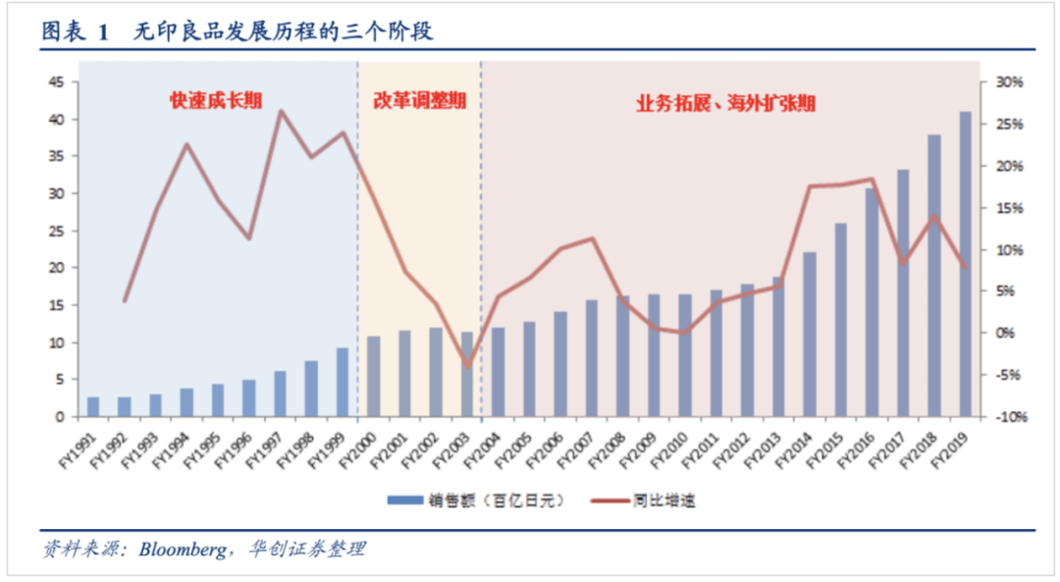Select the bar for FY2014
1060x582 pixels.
[x=810, y=335]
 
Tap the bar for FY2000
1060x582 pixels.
[x=374, y=377]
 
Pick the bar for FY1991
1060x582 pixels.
[x=93, y=406]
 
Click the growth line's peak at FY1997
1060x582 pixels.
[x=281, y=111]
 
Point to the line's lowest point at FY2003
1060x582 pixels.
[x=468, y=366]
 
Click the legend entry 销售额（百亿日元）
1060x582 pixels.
[x=478, y=501]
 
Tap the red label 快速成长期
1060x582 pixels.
[x=216, y=100]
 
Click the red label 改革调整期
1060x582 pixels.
[x=420, y=100]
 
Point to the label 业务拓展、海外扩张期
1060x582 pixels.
[x=725, y=102]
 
